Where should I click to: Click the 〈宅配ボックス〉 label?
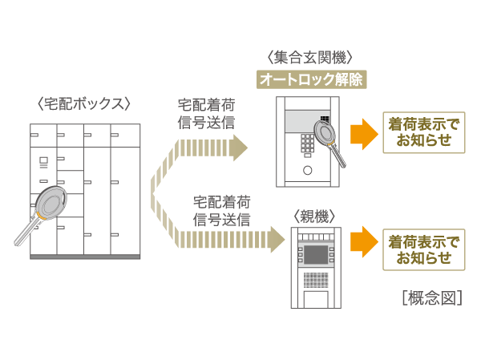[83, 103]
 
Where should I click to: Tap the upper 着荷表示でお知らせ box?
[424, 133]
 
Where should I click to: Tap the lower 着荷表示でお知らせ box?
[424, 249]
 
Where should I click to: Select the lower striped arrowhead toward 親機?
[277, 239]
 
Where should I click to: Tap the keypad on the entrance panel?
[307, 144]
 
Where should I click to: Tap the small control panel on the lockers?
[42, 163]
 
